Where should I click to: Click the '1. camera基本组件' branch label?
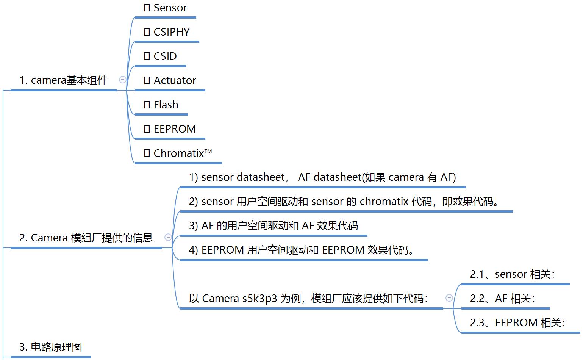[63, 80]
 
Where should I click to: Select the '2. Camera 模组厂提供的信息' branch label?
[86, 238]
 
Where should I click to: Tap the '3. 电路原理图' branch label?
[50, 347]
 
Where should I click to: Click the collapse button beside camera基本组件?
[122, 80]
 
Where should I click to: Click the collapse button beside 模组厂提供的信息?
[168, 237]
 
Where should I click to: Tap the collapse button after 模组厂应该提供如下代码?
[449, 298]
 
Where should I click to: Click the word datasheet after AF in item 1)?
[337, 177]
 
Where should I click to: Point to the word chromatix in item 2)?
[384, 202]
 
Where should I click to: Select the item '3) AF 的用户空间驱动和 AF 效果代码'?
[273, 226]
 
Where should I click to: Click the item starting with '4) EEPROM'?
[302, 250]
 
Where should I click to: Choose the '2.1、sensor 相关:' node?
[512, 274]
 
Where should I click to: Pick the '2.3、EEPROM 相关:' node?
[517, 323]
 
